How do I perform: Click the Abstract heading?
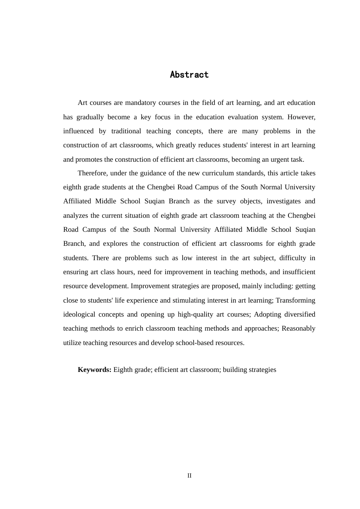[x=189, y=75]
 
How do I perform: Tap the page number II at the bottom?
[x=189, y=476]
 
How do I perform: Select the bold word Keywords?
[x=94, y=370]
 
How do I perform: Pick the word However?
[x=301, y=117]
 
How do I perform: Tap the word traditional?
[x=126, y=131]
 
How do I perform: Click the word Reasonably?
[x=298, y=328]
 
